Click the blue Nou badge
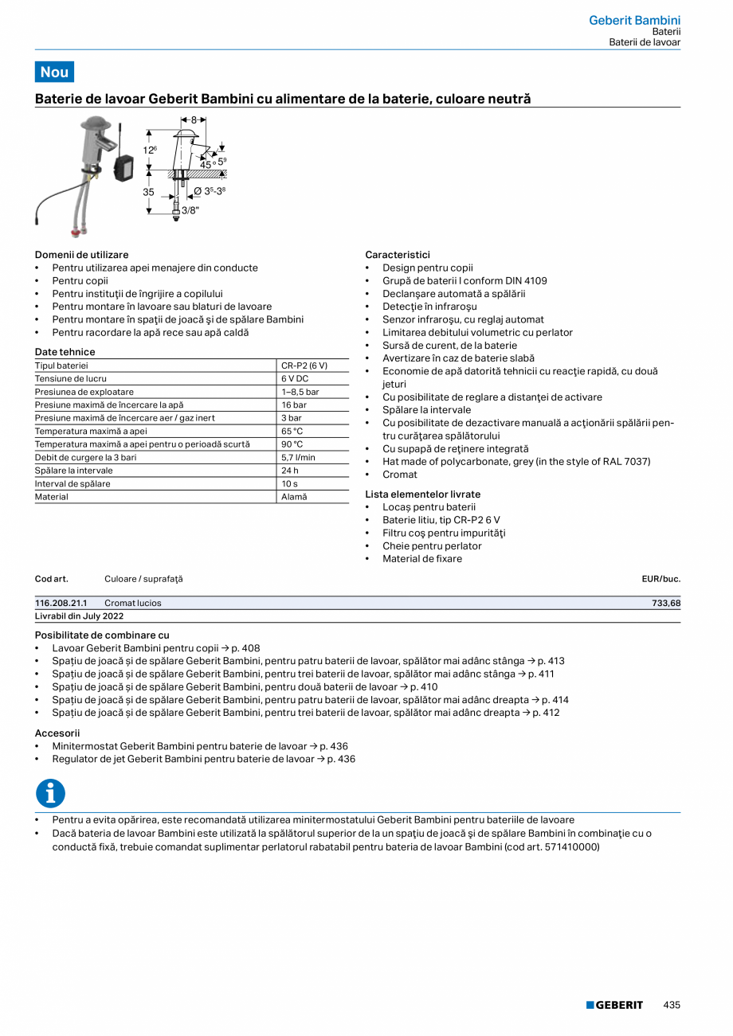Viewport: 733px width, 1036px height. pos(54,72)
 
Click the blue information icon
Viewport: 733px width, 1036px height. pos(50,793)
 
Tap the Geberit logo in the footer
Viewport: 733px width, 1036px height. pos(614,1005)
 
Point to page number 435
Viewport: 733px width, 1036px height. pos(672,1005)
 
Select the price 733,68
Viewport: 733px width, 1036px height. pos(665,604)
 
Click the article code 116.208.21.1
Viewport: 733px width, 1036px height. pos(61,604)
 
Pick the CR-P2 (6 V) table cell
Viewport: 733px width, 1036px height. pos(304,366)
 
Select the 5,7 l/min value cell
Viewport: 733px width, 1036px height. pos(298,458)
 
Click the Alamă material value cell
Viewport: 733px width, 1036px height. pos(294,497)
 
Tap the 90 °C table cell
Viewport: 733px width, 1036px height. pos(292,444)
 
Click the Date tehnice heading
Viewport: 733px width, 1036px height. pos(65,352)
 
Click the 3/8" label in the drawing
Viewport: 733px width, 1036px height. pos(190,210)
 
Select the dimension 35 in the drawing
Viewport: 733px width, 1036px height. pos(148,192)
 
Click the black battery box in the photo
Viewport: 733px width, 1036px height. pos(123,167)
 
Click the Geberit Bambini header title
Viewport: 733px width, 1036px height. pos(634,20)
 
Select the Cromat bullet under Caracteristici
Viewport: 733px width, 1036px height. pos(399,475)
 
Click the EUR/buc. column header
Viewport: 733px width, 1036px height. pos(660,579)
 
